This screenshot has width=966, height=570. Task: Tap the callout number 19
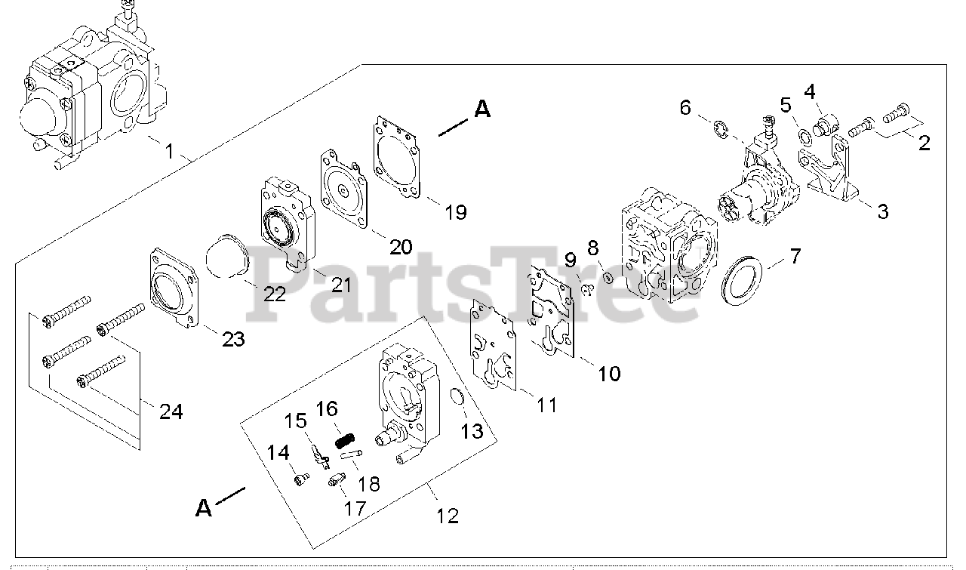tap(455, 211)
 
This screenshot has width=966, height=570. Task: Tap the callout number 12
tap(447, 516)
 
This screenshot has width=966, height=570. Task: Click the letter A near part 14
tap(204, 508)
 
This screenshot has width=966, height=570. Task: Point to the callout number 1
tap(170, 151)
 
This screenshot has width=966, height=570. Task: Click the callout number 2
tap(924, 143)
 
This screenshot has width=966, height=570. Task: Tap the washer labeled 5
tap(806, 137)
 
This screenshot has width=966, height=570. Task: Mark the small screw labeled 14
tap(302, 479)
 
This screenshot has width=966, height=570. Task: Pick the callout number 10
tap(610, 373)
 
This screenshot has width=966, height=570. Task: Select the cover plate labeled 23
tap(174, 289)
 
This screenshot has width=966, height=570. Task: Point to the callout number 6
tap(685, 108)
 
